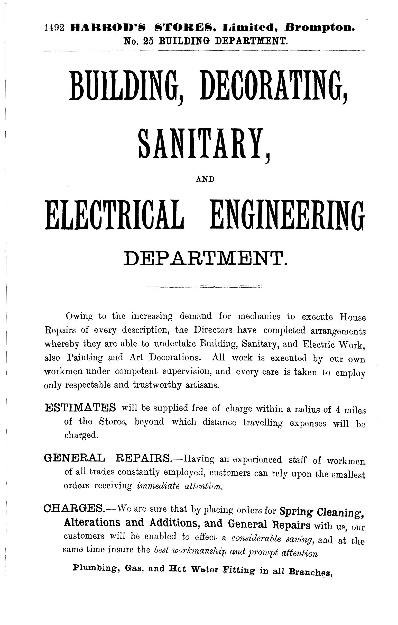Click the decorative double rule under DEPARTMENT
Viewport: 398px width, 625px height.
(x=205, y=287)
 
